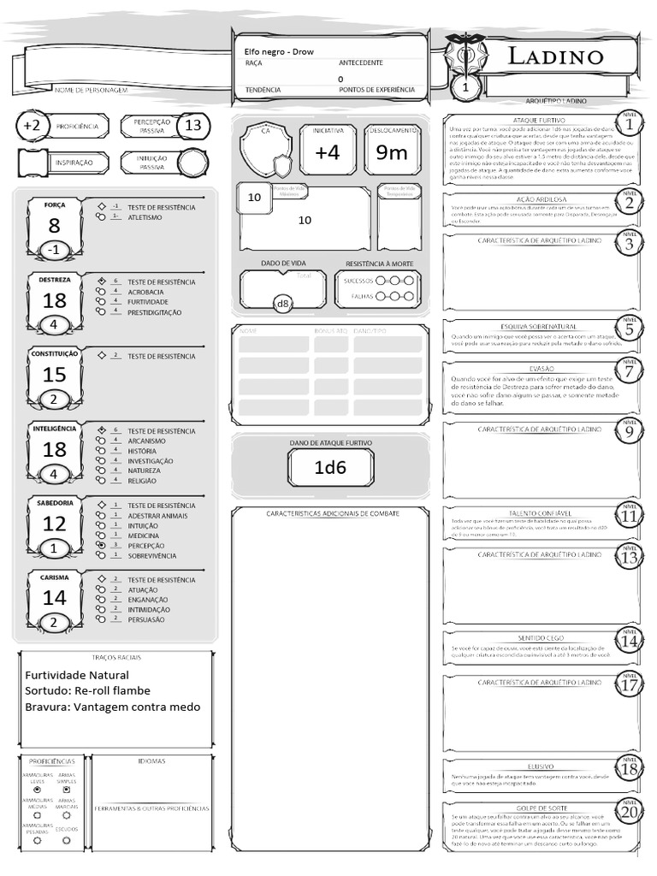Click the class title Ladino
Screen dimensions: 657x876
click(556, 57)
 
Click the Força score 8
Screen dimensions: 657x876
click(54, 226)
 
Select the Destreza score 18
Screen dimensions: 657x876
click(54, 301)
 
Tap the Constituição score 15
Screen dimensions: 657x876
click(54, 375)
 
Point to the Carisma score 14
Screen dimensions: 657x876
click(54, 598)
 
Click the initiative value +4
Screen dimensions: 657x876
click(328, 152)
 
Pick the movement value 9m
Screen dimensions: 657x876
click(392, 152)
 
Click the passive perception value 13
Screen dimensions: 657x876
click(193, 126)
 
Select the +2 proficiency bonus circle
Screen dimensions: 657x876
click(32, 126)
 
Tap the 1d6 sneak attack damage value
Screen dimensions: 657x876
click(330, 467)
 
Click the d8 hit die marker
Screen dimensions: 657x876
click(281, 304)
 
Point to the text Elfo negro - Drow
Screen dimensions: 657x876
click(279, 52)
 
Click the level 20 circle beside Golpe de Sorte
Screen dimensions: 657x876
click(630, 812)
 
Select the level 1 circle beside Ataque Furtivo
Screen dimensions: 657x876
click(630, 125)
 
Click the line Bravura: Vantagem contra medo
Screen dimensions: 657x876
click(112, 707)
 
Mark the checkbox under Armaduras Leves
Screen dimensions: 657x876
click(37, 790)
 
